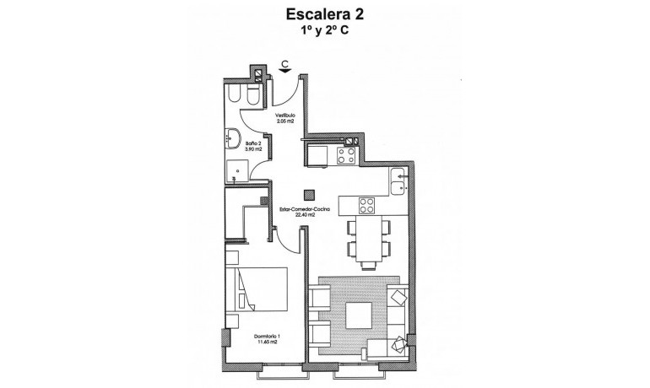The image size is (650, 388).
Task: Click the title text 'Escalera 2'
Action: coord(324,13)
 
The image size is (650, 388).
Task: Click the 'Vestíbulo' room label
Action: coord(284,115)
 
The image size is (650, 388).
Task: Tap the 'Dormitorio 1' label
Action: coord(268,337)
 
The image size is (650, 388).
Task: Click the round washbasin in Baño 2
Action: coord(234,138)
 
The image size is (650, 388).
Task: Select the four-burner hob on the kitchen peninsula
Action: coord(366,205)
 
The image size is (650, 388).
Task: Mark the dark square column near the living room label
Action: coord(309,192)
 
